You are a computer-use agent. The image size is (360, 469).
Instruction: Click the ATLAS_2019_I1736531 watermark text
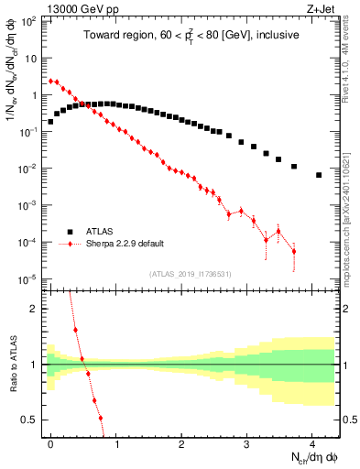(x=191, y=274)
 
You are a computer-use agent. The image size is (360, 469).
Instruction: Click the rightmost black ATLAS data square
(x=319, y=175)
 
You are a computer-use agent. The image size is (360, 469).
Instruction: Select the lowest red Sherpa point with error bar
(x=293, y=251)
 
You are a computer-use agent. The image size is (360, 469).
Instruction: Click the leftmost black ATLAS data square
(x=50, y=121)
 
